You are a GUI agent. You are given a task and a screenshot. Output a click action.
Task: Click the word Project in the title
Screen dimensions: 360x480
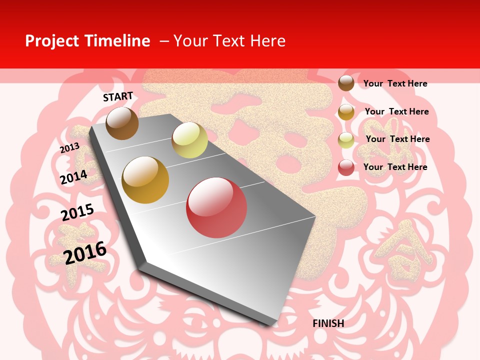[52, 41]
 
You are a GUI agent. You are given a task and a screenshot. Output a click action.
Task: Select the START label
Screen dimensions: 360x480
[118, 96]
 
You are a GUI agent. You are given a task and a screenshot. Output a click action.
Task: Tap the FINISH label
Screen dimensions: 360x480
[328, 323]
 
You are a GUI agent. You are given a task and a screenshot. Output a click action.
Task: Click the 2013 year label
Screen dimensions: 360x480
[69, 148]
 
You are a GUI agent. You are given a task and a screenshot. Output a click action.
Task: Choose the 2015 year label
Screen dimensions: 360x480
[77, 212]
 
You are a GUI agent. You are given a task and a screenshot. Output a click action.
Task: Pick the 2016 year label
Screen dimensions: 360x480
[85, 252]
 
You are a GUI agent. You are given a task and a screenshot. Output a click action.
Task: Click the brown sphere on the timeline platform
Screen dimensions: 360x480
[122, 123]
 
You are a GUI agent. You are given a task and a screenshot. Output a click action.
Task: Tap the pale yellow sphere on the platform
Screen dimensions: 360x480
[189, 140]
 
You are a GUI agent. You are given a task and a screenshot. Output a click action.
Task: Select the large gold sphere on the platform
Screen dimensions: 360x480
[145, 180]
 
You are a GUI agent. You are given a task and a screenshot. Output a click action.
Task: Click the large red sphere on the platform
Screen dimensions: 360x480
[216, 207]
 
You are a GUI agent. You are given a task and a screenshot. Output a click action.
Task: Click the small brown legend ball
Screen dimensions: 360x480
[346, 83]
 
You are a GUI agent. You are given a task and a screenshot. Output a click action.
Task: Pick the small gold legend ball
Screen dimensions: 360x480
[346, 112]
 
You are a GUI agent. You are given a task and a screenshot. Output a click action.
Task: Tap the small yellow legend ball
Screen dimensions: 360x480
[346, 140]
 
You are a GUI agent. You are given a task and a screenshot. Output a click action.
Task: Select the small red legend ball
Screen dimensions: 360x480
[346, 167]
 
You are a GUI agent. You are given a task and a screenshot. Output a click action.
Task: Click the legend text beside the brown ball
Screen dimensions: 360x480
[395, 83]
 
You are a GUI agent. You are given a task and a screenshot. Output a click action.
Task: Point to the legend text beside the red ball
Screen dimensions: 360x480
[395, 167]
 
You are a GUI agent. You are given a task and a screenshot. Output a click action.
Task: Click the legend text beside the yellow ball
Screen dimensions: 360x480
[397, 139]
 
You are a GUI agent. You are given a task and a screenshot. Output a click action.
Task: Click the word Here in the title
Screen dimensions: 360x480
[267, 41]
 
